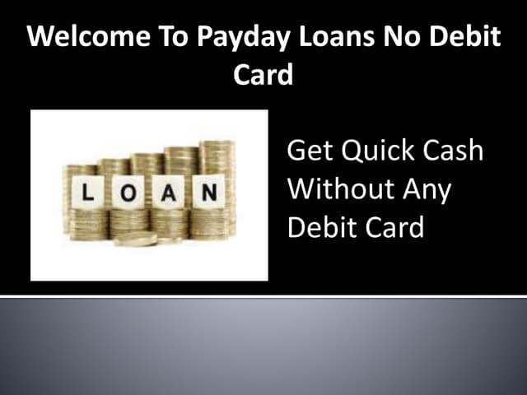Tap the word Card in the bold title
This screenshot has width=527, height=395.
click(x=263, y=76)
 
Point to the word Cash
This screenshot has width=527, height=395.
click(x=454, y=153)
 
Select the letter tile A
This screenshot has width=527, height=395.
click(x=169, y=194)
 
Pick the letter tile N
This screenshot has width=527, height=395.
click(x=209, y=193)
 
